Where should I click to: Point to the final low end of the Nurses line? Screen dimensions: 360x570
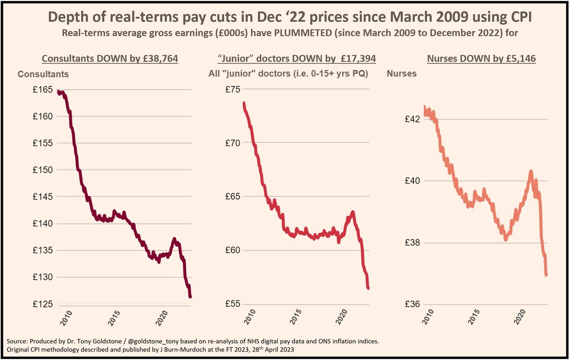547,275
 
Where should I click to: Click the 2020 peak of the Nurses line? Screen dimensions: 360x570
531,171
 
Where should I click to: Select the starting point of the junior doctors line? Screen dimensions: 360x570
244,103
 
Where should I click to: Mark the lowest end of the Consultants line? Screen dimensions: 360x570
190,297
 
